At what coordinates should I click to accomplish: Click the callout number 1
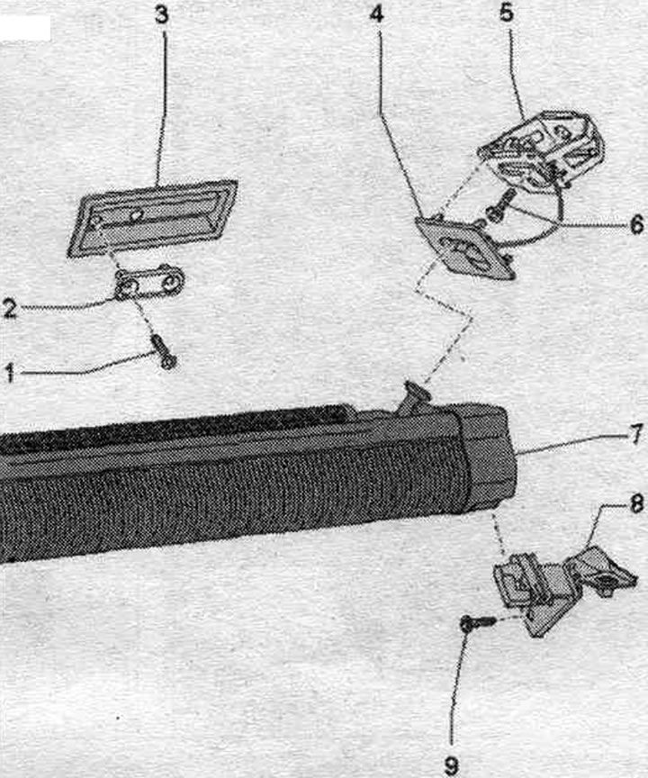tap(9, 373)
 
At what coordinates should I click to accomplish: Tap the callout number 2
tap(9, 308)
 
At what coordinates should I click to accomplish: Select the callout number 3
tap(162, 15)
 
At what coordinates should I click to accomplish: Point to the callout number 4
tap(377, 15)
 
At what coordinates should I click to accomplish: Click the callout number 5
tap(506, 14)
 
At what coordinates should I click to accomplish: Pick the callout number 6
tap(636, 224)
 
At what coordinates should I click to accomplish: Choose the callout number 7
tap(636, 434)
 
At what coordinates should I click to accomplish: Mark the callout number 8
tap(636, 505)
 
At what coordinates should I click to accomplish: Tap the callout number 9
tap(451, 765)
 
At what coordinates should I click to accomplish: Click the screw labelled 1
tap(164, 351)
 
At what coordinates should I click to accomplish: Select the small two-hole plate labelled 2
tap(149, 283)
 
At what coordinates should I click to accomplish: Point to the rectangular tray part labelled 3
tap(152, 218)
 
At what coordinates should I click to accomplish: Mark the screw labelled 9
tap(477, 623)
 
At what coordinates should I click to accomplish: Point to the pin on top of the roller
tap(416, 397)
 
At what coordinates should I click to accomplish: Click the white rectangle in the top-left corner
tap(25, 28)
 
